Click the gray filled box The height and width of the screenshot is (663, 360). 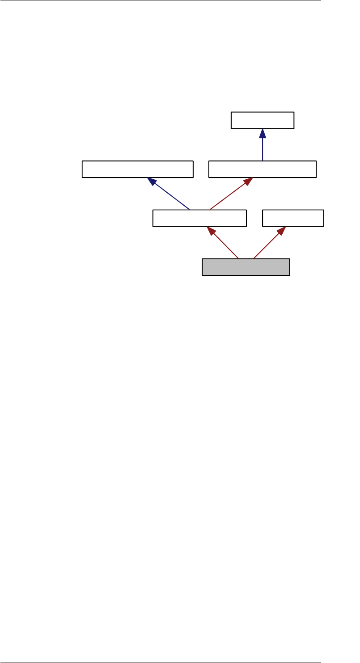tap(246, 267)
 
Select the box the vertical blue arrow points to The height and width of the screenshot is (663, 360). tap(263, 120)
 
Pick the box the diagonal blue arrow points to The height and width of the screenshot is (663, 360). tap(137, 169)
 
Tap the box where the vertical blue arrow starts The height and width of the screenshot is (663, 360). tap(263, 169)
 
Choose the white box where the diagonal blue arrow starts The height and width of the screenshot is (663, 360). tap(199, 218)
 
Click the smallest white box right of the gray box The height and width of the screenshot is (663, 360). tap(293, 218)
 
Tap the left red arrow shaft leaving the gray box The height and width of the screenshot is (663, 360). tap(225, 245)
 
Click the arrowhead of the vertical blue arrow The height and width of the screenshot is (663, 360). tap(263, 133)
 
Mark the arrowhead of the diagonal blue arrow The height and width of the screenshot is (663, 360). tap(152, 182)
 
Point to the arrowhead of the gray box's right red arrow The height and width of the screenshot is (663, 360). tap(281, 231)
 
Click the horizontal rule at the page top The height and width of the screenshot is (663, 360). tap(161, 1)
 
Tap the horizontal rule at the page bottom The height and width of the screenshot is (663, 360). tap(161, 662)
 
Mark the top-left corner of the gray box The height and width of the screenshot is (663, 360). tap(203, 259)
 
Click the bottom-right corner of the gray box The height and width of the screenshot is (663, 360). tap(289, 275)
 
